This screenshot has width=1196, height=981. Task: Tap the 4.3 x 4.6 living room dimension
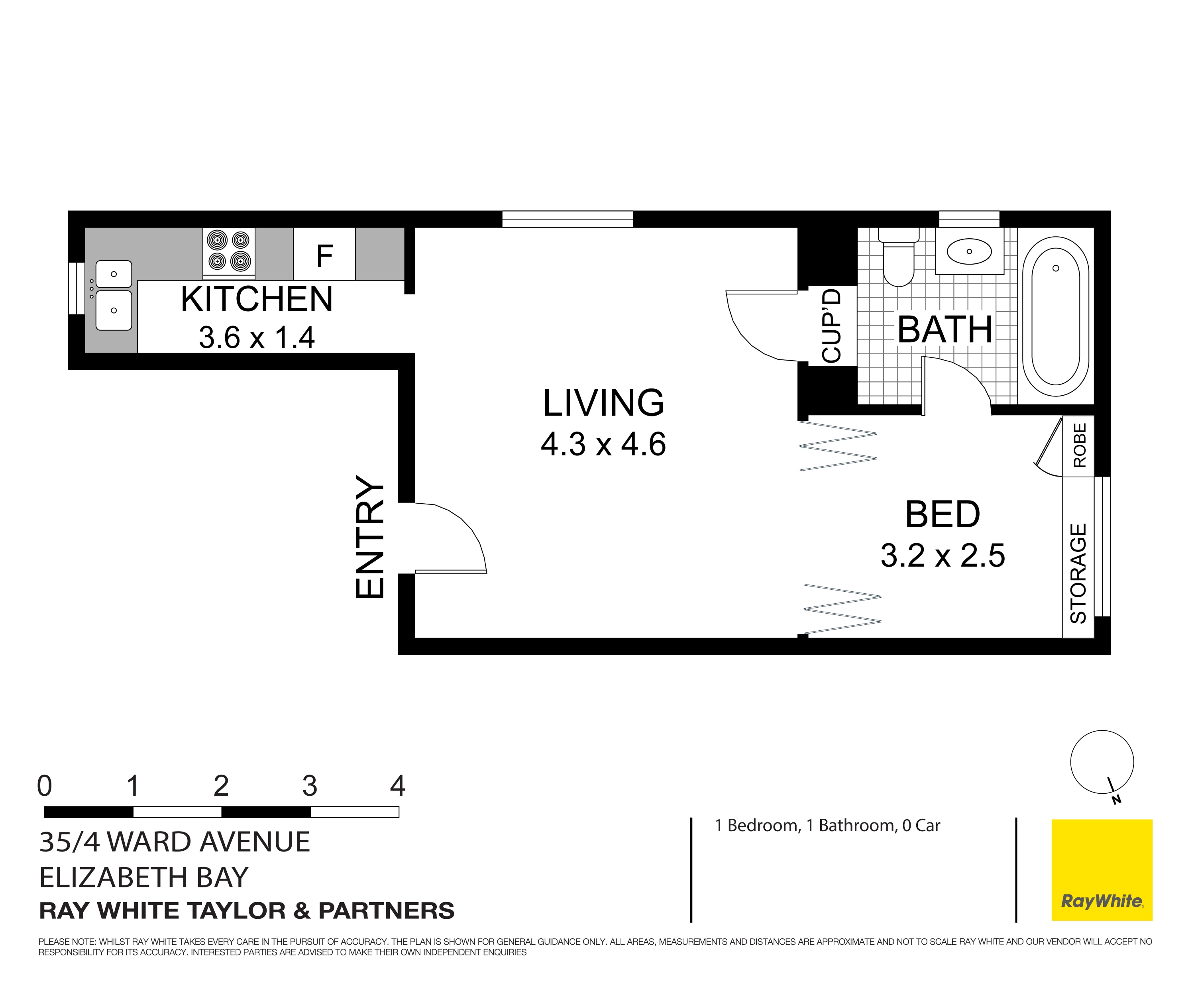pos(603,444)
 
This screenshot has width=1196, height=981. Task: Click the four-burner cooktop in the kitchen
pos(229,253)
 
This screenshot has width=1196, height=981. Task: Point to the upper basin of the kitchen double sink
pos(114,274)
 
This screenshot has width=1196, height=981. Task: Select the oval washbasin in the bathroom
pos(969,251)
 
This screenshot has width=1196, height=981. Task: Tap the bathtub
pos(1055,316)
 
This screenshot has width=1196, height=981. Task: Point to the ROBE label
pos(1079,445)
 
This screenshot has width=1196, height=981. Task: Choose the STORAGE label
pos(1078,573)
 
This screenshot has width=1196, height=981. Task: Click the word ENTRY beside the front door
pos(370,537)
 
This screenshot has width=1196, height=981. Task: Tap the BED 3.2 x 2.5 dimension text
pos(942,555)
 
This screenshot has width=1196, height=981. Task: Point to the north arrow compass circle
pos(1102,762)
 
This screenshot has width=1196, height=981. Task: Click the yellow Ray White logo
pos(1102,870)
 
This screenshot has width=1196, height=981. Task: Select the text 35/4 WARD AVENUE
pos(175,842)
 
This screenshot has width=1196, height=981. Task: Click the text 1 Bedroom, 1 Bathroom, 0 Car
pos(827,826)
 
